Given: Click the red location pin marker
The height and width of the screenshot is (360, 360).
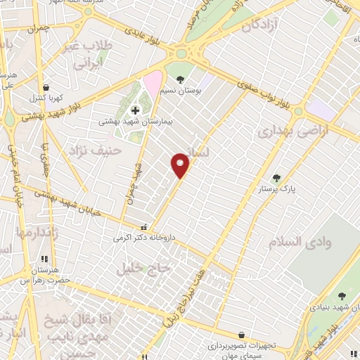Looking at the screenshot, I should coord(181,166).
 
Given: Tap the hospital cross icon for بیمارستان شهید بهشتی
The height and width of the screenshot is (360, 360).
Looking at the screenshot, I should coord(136,110).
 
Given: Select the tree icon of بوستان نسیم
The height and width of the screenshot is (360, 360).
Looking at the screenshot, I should coord(181,79).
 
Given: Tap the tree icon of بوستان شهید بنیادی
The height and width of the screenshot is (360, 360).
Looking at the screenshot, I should coord(342,296).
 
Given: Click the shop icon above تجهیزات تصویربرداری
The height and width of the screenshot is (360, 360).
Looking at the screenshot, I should coord(241,335).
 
